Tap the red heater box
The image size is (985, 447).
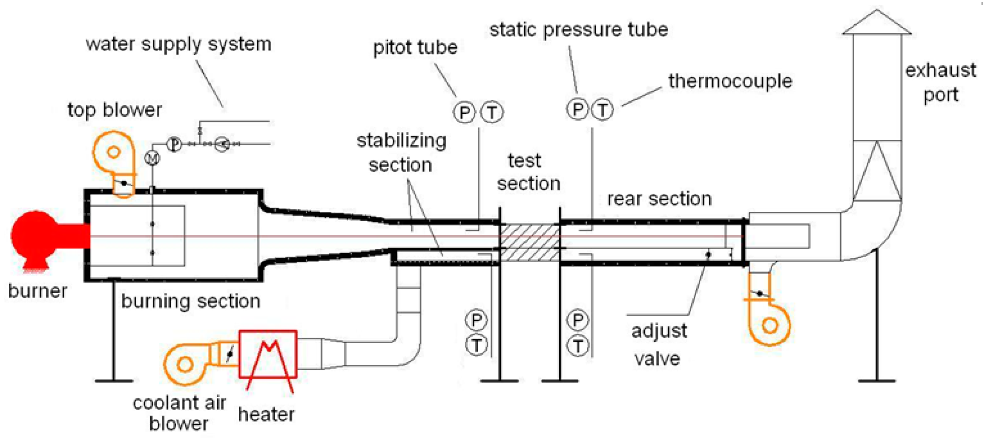click(x=267, y=354)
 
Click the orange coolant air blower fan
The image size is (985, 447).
click(x=185, y=364)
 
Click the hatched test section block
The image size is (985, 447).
click(x=529, y=242)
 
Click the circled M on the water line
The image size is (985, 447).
click(x=152, y=159)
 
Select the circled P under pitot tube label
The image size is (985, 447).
click(x=464, y=112)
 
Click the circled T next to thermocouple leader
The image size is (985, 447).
click(x=602, y=110)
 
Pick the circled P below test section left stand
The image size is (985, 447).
click(x=476, y=320)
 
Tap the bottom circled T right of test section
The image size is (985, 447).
click(x=577, y=346)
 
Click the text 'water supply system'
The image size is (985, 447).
click(x=178, y=44)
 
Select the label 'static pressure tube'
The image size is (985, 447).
click(x=578, y=30)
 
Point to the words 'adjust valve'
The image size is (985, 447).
click(x=658, y=344)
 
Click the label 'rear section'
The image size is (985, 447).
click(x=659, y=199)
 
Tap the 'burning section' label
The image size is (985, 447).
click(x=190, y=301)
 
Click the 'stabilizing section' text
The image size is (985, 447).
click(x=401, y=153)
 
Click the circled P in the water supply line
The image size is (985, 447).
click(x=174, y=144)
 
